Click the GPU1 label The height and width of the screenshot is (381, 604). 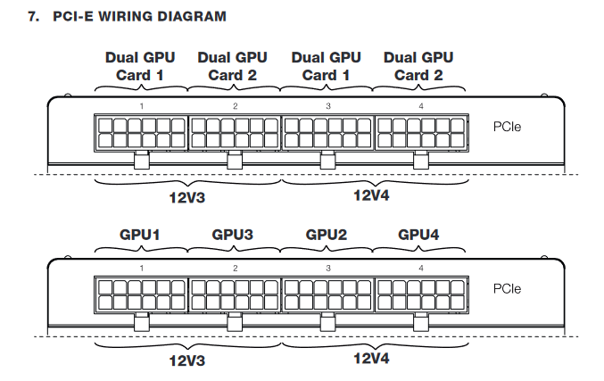[x=140, y=235]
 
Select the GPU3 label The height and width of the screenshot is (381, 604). [x=233, y=235]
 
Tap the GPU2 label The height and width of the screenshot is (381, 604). [x=327, y=235]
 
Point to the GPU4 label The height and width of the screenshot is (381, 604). [x=419, y=235]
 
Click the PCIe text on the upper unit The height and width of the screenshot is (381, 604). [x=507, y=127]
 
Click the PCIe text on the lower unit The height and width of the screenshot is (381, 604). [x=507, y=288]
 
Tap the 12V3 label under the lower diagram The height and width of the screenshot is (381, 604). [x=187, y=361]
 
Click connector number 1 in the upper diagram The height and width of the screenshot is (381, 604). [x=142, y=106]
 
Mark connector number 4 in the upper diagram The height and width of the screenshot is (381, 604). [x=421, y=106]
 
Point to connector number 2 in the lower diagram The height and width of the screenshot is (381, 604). [x=236, y=268]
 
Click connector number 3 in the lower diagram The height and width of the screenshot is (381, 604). [x=328, y=268]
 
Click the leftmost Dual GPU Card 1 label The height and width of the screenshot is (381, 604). [x=140, y=66]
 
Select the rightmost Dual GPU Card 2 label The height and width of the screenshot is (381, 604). [x=418, y=66]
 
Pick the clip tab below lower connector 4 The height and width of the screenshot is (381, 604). [x=420, y=322]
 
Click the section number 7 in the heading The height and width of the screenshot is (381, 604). [x=33, y=16]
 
